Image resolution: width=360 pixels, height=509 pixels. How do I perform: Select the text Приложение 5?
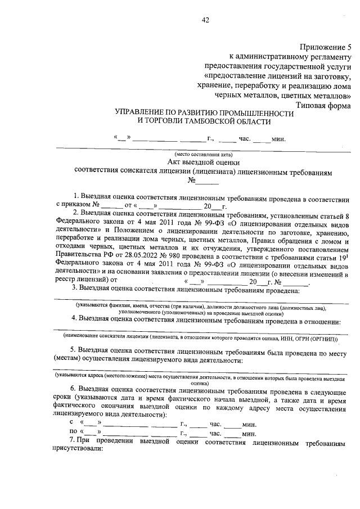click(x=325, y=47)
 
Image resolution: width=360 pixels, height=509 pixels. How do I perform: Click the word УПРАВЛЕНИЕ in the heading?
click(x=143, y=113)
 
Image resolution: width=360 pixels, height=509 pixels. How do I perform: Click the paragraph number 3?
click(x=73, y=289)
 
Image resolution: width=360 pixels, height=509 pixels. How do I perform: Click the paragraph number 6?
click(x=73, y=389)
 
